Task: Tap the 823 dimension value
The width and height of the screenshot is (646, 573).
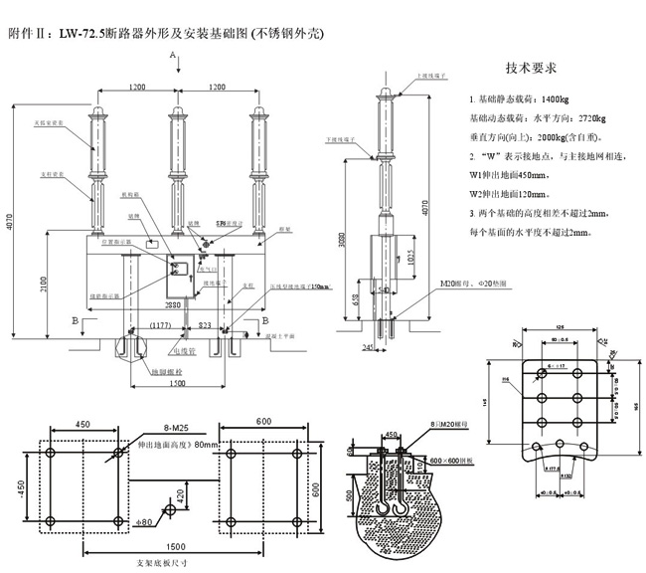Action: tap(205, 324)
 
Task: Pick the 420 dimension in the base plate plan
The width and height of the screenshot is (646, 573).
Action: tap(182, 494)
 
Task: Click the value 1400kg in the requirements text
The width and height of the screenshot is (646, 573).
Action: tap(551, 101)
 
